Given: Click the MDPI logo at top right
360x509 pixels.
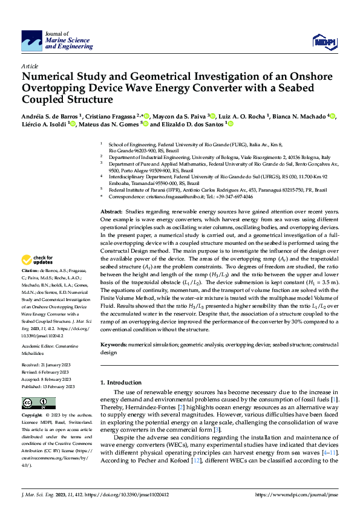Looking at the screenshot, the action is [x=324, y=41].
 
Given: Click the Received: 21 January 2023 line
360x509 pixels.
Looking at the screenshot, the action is [x=48, y=366].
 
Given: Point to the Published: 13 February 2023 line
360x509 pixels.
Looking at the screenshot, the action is [x=48, y=386].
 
